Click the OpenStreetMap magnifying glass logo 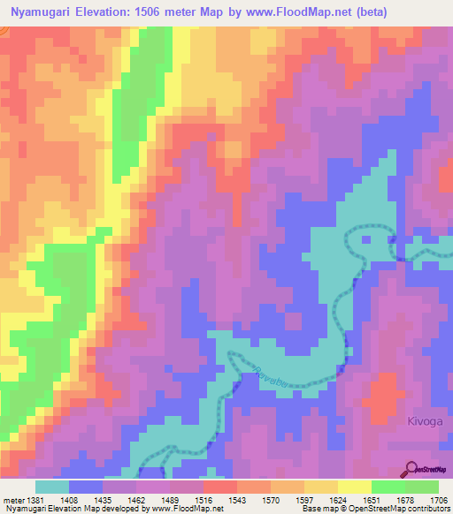click(x=412, y=470)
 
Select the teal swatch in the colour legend click(x=52, y=487)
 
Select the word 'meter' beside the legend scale click(x=13, y=500)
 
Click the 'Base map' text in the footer click(x=318, y=509)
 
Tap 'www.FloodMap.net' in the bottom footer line click(x=186, y=509)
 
